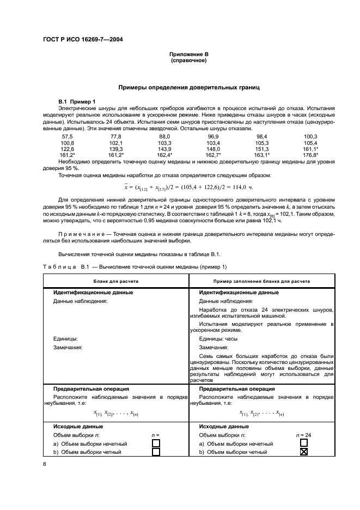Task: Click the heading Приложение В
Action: click(x=188, y=54)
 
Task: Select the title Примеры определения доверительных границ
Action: click(x=189, y=87)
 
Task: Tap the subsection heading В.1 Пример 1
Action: click(x=77, y=102)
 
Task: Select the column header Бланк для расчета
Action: click(x=115, y=281)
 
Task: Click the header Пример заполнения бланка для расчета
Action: click(x=262, y=281)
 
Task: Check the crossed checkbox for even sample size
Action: click(x=304, y=452)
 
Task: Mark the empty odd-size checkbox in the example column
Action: click(x=304, y=444)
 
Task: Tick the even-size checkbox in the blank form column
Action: click(x=156, y=452)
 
